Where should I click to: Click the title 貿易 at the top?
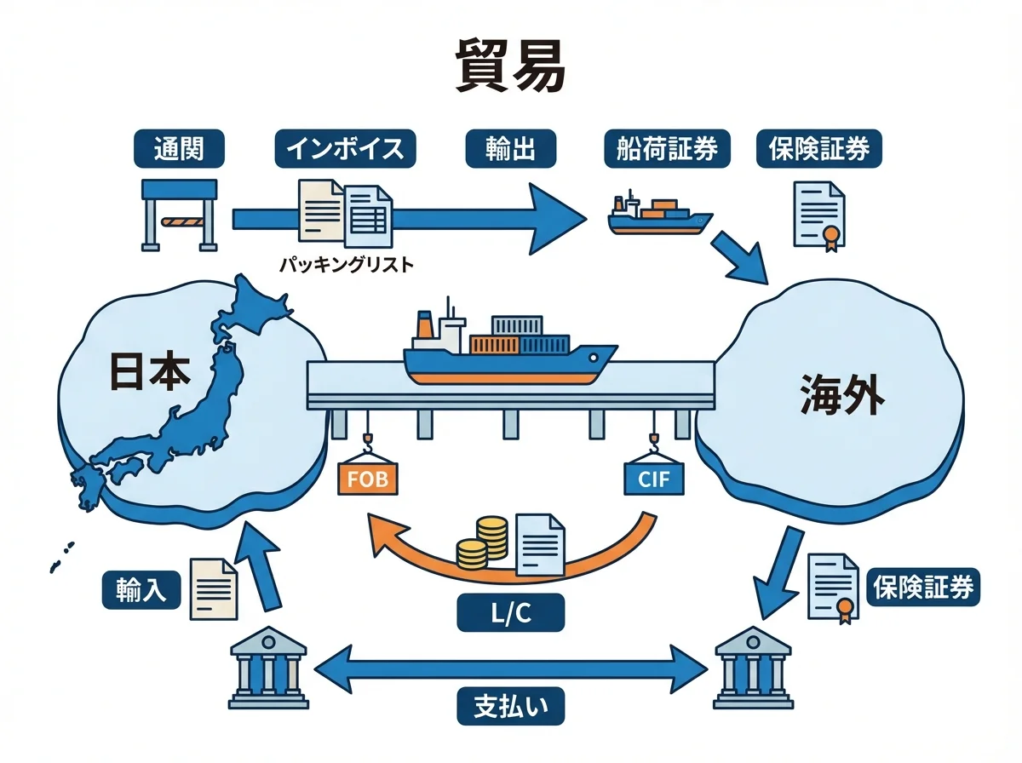(510, 64)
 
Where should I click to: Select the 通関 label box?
(179, 148)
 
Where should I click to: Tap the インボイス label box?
(345, 148)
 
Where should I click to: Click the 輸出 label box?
(511, 148)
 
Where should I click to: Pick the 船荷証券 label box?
(667, 148)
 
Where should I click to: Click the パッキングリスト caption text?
(346, 265)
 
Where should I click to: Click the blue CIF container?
(653, 479)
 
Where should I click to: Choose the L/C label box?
(510, 613)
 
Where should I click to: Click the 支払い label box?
(510, 706)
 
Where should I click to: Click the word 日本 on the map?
(150, 373)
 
